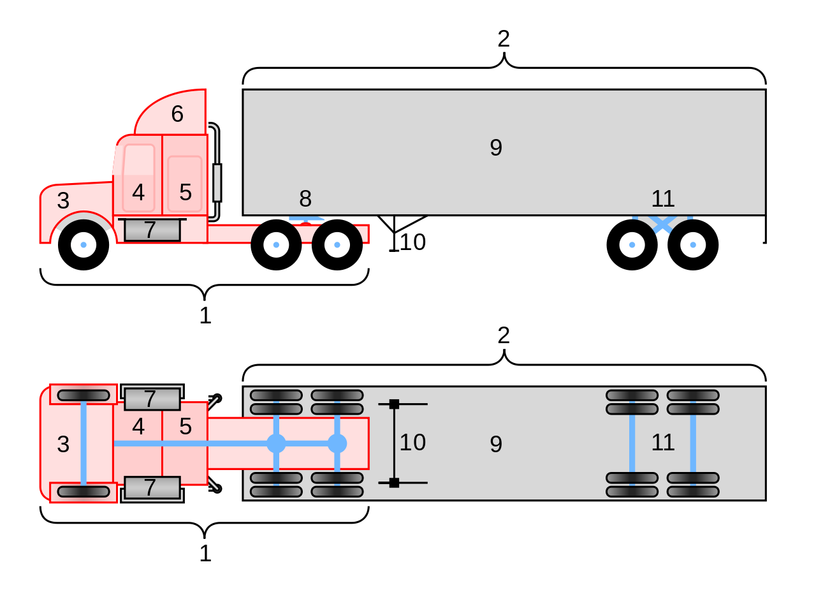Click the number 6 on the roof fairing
(177, 114)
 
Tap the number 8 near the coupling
(305, 199)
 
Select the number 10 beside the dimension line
(412, 443)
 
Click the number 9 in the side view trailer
(496, 148)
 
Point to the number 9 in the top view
(496, 445)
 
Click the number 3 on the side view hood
(63, 201)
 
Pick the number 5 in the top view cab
(186, 427)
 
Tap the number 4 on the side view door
(138, 193)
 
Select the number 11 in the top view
(663, 443)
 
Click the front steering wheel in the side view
(84, 245)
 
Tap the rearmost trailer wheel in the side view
(693, 245)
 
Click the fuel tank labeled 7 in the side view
(152, 230)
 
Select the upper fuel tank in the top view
(152, 399)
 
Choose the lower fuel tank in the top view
(152, 488)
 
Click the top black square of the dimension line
(394, 404)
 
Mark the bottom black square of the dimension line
(394, 483)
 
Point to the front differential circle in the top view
(276, 443)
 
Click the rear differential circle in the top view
(337, 443)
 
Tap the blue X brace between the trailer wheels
(662, 225)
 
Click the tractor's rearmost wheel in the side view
(337, 245)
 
